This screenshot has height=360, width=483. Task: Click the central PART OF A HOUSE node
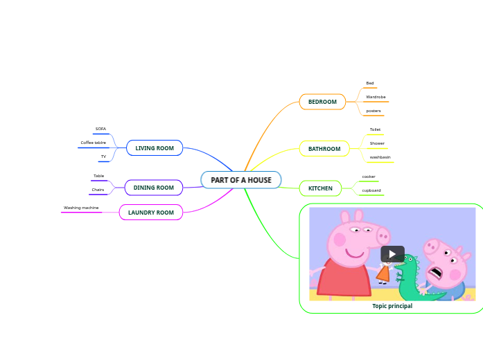coord(241,180)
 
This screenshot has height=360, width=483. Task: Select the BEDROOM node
coord(322,102)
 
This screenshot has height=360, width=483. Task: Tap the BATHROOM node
coord(324,149)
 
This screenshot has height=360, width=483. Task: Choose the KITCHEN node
coord(320,188)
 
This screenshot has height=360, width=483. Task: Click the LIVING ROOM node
coord(155,148)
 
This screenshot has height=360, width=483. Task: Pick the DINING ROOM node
coord(154,188)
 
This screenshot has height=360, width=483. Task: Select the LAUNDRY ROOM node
coord(151,213)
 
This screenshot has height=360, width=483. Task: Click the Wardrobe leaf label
coord(376,97)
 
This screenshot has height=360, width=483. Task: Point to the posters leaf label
coord(374,111)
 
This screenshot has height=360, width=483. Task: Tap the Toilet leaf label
coord(375,129)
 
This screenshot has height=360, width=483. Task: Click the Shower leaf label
coord(377,143)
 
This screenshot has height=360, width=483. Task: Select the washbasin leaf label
coord(380,157)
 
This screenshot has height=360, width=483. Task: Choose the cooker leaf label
coord(369,177)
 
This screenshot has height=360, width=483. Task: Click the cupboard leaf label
coord(371,190)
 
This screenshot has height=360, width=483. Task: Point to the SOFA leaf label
coord(101,129)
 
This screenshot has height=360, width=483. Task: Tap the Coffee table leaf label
coord(94,143)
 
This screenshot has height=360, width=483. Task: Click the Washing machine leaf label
coord(81,208)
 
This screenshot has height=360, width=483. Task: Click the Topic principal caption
coord(392,306)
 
